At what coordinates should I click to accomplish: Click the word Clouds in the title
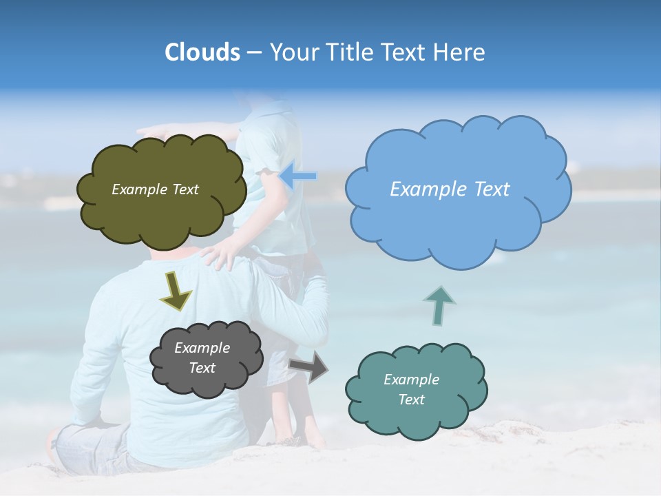tap(202, 52)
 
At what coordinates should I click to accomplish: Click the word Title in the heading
tap(346, 52)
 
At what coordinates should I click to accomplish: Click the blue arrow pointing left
tap(297, 176)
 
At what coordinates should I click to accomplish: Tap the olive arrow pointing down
tap(176, 291)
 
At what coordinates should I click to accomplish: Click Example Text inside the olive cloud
tap(155, 189)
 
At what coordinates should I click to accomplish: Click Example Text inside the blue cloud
tap(450, 189)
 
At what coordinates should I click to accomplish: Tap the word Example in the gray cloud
tap(202, 348)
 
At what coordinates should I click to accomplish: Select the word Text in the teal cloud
tap(411, 400)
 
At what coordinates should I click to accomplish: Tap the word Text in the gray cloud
tap(202, 368)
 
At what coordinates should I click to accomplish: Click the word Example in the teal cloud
tap(411, 380)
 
